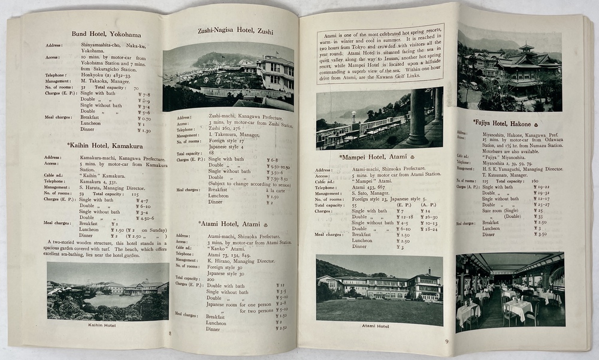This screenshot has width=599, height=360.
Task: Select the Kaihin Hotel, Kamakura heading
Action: tap(104, 146)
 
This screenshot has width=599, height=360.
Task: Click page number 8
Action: tap(171, 334)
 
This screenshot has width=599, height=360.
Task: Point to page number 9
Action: tap(446, 342)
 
